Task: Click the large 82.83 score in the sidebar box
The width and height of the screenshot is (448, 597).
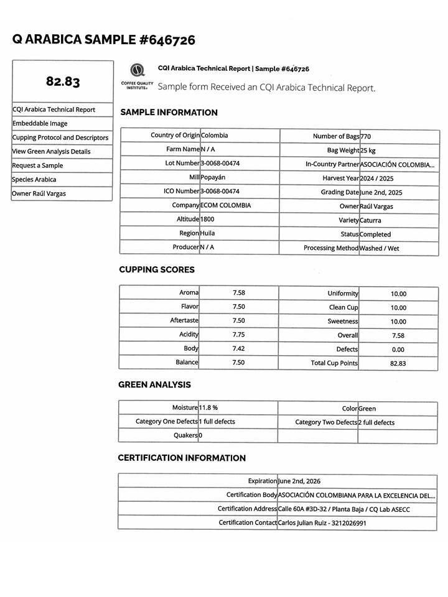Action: click(63, 81)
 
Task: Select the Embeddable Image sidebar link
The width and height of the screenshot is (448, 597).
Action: click(40, 123)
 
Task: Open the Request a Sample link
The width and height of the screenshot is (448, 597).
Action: click(37, 165)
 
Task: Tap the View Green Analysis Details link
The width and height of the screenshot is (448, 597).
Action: click(51, 151)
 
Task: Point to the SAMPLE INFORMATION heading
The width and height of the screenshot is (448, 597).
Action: click(169, 113)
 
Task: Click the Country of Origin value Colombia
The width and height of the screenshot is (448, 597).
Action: click(214, 135)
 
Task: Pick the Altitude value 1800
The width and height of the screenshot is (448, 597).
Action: click(208, 220)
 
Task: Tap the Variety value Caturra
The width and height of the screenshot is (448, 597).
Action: click(370, 220)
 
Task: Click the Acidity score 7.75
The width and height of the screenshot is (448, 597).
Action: click(238, 335)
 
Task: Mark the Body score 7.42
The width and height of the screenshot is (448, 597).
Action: click(238, 348)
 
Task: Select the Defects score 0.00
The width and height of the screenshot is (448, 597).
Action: click(398, 349)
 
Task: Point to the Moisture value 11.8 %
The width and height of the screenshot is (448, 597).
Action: click(208, 407)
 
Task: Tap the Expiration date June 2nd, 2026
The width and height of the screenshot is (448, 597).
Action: click(299, 481)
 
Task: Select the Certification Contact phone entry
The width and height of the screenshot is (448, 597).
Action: click(322, 523)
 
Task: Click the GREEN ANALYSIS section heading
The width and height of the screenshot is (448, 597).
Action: click(154, 385)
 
